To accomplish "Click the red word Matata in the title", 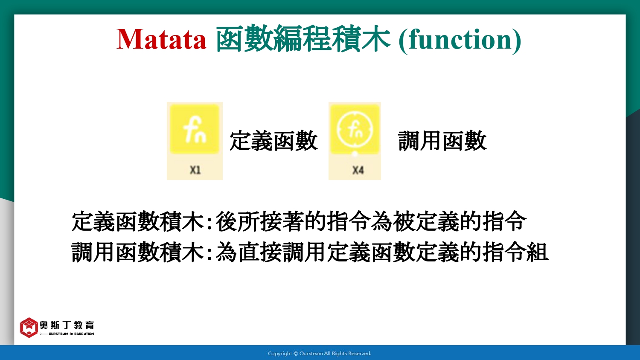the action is pyautogui.click(x=161, y=39).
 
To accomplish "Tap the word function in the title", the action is pyautogui.click(x=460, y=39).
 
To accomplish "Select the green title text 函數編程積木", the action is pyautogui.click(x=303, y=38).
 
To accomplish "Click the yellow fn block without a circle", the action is pyautogui.click(x=195, y=129).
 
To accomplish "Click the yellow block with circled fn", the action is pyautogui.click(x=355, y=129).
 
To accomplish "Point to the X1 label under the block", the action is pyautogui.click(x=195, y=170).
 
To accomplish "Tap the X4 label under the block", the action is pyautogui.click(x=358, y=170).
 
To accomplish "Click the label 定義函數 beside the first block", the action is pyautogui.click(x=273, y=141).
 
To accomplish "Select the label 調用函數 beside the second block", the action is pyautogui.click(x=442, y=141).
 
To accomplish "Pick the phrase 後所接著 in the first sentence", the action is pyautogui.click(x=260, y=221).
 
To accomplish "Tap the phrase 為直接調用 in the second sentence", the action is pyautogui.click(x=271, y=252).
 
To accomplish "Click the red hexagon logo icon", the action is pyautogui.click(x=29, y=328).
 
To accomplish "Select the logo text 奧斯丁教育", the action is pyautogui.click(x=67, y=325).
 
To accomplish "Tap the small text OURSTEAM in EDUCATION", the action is pyautogui.click(x=71, y=334).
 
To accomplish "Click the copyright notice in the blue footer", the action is pyautogui.click(x=320, y=354).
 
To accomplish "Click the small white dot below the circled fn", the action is pyautogui.click(x=355, y=154).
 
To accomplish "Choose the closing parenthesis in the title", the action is pyautogui.click(x=517, y=40).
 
